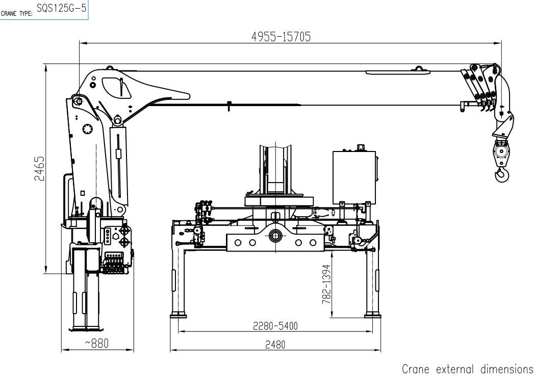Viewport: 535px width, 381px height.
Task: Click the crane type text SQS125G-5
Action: pos(61,8)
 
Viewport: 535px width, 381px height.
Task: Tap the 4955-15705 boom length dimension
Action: pos(281,37)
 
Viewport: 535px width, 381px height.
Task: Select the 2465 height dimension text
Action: pos(40,168)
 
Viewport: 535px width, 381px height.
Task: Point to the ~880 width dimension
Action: pos(97,343)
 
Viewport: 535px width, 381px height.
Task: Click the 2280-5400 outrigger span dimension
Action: pos(275,326)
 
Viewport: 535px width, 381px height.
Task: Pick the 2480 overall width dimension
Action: pos(275,345)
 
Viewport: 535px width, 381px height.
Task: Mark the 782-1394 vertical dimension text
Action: pos(326,284)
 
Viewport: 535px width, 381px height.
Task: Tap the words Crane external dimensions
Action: pos(468,369)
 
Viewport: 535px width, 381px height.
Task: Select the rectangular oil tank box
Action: pos(354,177)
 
